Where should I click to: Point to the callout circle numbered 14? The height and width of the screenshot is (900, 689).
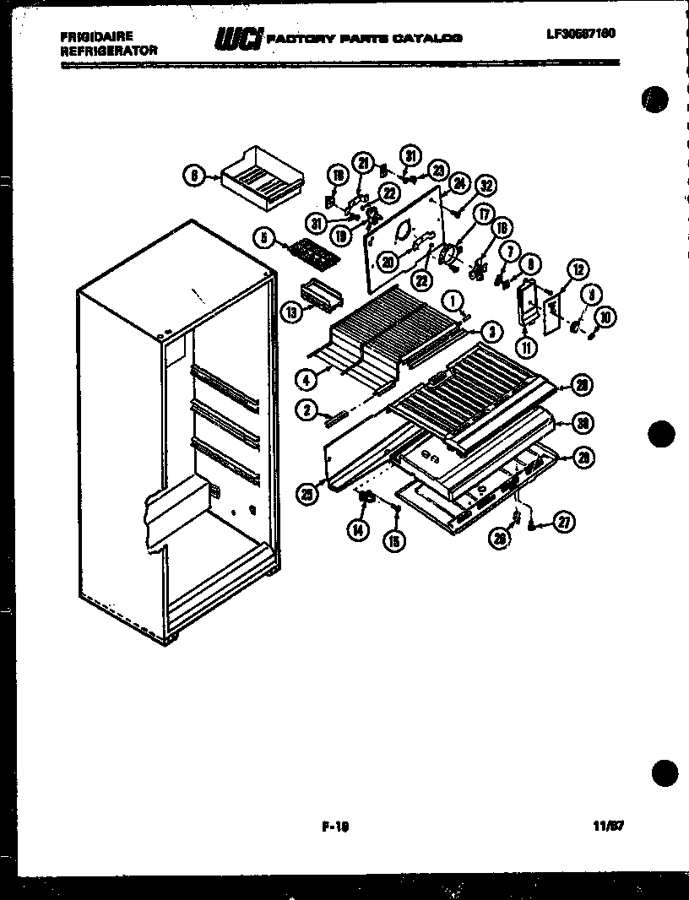tap(358, 529)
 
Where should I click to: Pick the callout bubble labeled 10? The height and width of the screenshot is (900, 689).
tap(605, 317)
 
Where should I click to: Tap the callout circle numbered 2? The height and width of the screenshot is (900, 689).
tap(306, 410)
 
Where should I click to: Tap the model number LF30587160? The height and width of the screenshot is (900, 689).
tap(580, 33)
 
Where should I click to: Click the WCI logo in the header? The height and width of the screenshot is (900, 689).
tap(238, 39)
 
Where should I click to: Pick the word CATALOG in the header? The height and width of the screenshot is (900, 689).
tap(431, 38)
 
